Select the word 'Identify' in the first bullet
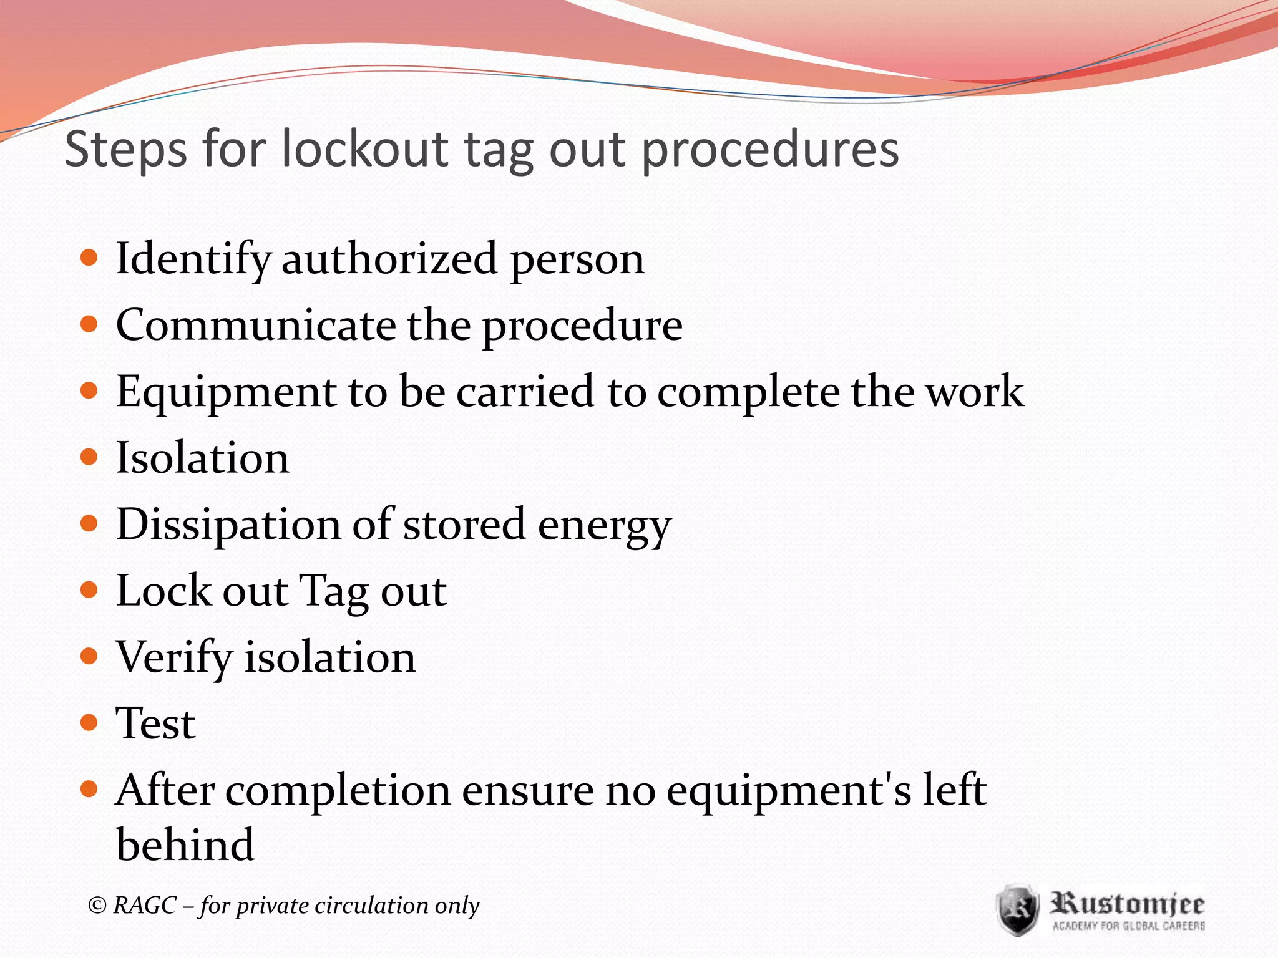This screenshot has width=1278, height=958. pyautogui.click(x=193, y=259)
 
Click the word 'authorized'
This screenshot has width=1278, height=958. pyautogui.click(x=389, y=258)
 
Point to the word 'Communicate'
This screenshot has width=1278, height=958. pyautogui.click(x=256, y=326)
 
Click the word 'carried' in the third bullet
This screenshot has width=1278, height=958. pyautogui.click(x=525, y=392)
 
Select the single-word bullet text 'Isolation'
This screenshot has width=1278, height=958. pyautogui.click(x=203, y=458)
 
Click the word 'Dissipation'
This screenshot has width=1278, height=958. pyautogui.click(x=228, y=525)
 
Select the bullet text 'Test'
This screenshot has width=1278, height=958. pyautogui.click(x=156, y=723)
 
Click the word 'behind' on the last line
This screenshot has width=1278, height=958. pyautogui.click(x=185, y=844)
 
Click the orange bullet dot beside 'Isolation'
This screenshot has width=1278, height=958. pyautogui.click(x=90, y=457)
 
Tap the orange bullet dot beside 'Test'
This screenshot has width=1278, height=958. pyautogui.click(x=90, y=723)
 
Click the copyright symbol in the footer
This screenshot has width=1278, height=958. pyautogui.click(x=97, y=905)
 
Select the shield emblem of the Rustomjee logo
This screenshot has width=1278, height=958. pyautogui.click(x=1018, y=909)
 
